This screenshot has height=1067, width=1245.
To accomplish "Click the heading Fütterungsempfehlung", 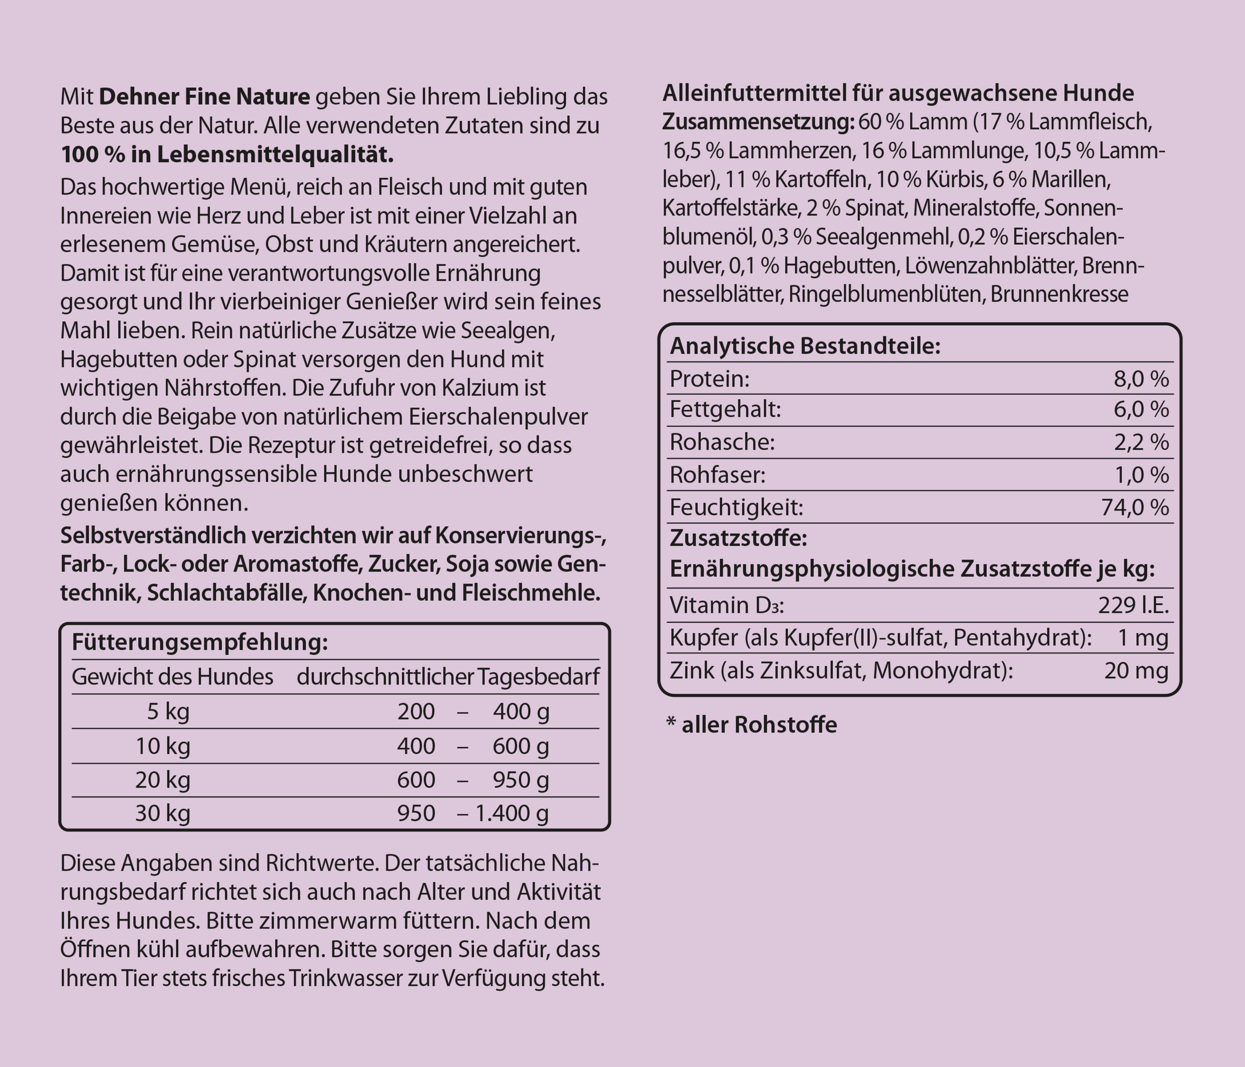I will click(199, 642).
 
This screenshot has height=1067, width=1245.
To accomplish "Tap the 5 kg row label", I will click(168, 712).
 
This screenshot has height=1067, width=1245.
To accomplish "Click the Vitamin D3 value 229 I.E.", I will click(1133, 605).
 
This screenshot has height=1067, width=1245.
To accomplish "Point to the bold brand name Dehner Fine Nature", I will click(204, 97).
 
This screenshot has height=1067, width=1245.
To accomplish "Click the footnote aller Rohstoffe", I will click(758, 725).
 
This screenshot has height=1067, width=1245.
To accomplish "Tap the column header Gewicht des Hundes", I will click(172, 677).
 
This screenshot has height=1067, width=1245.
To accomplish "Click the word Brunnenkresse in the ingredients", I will click(1059, 294).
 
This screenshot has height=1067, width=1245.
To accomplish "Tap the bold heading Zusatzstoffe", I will click(738, 538).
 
